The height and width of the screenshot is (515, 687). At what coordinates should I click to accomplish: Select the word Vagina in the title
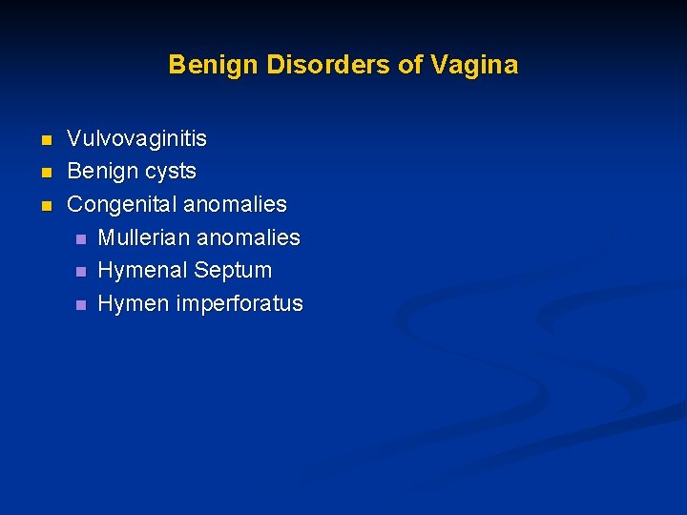(475, 65)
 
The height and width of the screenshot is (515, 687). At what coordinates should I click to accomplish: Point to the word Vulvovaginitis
(136, 139)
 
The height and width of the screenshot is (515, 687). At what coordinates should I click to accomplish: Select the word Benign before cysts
(102, 172)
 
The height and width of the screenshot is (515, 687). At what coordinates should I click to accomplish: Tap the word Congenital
(122, 204)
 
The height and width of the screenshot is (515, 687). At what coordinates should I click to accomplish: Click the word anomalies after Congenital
(235, 204)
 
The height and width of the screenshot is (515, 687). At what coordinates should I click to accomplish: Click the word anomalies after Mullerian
(248, 237)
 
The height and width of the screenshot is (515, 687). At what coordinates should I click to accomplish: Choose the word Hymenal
(141, 271)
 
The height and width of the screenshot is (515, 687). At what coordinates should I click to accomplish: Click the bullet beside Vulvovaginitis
(44, 141)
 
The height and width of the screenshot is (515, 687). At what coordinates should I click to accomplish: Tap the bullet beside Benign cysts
(44, 174)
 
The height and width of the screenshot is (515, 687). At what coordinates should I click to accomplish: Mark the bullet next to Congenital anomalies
(44, 206)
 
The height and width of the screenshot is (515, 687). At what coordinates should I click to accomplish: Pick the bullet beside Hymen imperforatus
(80, 305)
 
